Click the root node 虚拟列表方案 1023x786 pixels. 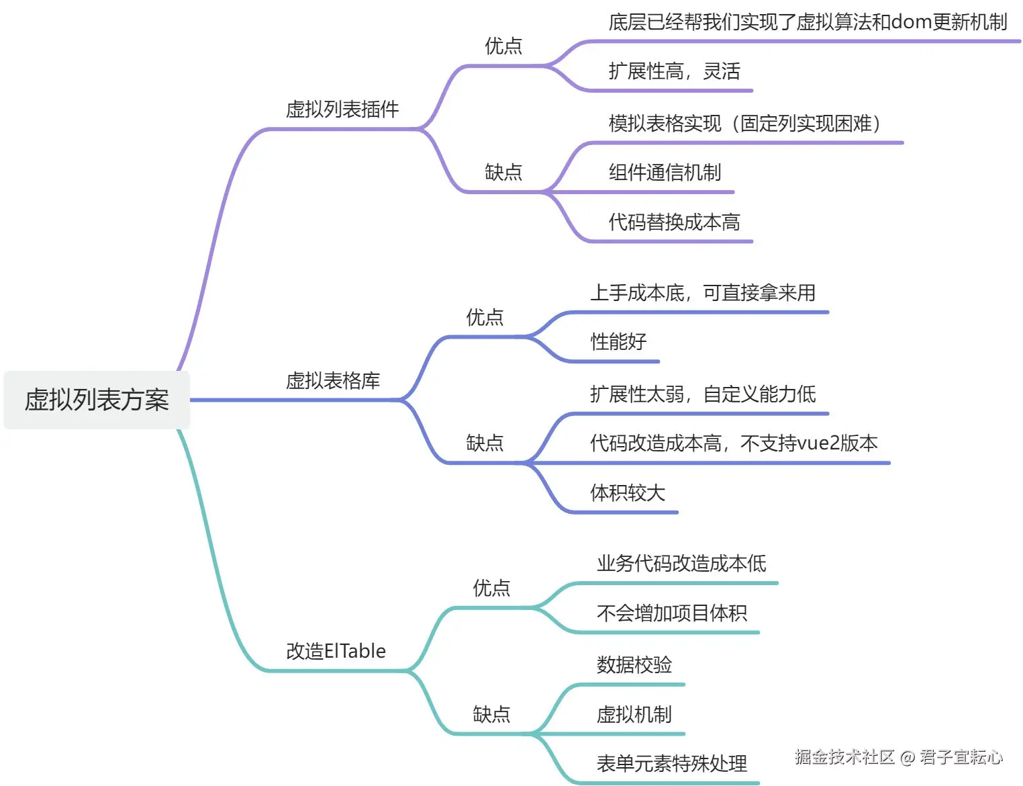[97, 400]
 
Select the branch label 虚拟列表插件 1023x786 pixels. [342, 109]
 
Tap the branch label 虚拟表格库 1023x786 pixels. [333, 381]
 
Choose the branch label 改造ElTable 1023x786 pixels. [336, 651]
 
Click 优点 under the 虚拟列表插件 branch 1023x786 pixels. [503, 46]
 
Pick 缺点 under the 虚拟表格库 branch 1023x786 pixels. [485, 443]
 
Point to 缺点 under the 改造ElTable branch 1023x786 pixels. [491, 713]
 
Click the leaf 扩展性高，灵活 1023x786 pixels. [674, 71]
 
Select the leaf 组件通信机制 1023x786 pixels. [665, 173]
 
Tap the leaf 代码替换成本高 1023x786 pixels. [674, 222]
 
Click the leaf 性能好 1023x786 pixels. [618, 341]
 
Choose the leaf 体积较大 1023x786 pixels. [628, 492]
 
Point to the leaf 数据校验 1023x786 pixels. [634, 664]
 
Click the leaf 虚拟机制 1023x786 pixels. [634, 714]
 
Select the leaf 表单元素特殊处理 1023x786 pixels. [672, 763]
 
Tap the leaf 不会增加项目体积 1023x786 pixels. [672, 613]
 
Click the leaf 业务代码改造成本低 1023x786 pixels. [681, 563]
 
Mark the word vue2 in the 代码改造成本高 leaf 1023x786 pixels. [818, 443]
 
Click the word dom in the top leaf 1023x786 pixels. [911, 22]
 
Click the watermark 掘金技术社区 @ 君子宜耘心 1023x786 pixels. [898, 757]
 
